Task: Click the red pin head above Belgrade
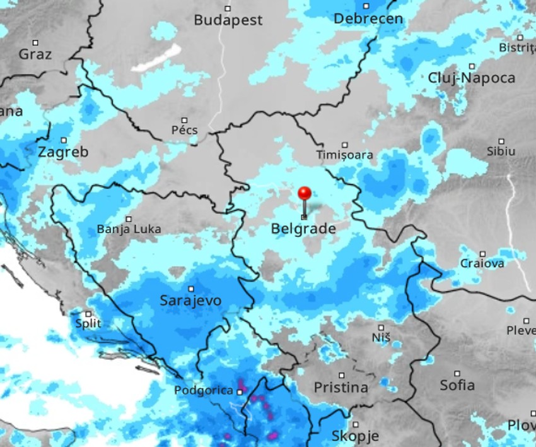point(305,193)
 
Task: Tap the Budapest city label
point(228,20)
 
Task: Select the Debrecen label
point(368,19)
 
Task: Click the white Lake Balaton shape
point(156,58)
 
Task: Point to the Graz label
point(35,54)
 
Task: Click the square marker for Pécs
point(185,120)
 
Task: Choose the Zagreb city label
point(63,152)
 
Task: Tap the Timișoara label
point(344,155)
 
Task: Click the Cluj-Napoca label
point(471,78)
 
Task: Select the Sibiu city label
point(501,152)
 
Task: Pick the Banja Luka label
point(129,229)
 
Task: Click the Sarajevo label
point(190,301)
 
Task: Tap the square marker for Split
point(88,314)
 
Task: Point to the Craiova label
point(482,264)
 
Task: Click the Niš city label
point(381,338)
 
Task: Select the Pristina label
point(341,388)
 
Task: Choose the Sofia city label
point(457,385)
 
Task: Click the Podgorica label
point(204,391)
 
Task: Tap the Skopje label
point(355,436)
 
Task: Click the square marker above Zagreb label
point(64,140)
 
